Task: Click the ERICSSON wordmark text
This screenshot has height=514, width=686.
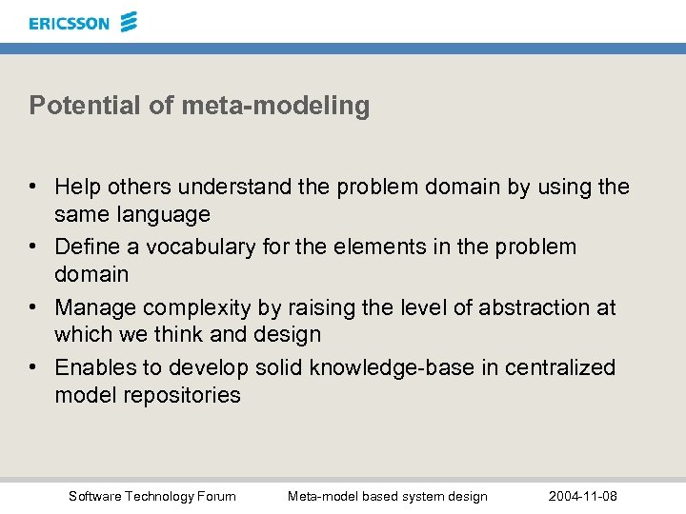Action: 69,23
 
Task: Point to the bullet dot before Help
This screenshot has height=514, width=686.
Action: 35,188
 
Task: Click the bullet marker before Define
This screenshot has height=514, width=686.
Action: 35,247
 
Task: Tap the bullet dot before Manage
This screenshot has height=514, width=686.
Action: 35,308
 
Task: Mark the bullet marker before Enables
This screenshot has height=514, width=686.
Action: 35,368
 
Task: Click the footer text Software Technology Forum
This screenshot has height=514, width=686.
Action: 152,496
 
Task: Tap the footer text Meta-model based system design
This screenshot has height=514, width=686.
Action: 387,496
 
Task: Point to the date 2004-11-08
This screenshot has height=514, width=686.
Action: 583,496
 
